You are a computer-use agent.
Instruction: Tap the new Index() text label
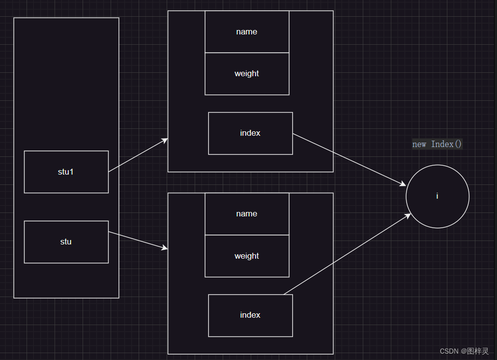[x=437, y=144]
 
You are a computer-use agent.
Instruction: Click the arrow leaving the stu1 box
[x=138, y=155]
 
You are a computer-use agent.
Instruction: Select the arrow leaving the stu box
[x=138, y=240]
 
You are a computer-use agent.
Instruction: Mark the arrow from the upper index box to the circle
[x=349, y=160]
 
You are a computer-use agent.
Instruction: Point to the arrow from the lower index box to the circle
[x=347, y=254]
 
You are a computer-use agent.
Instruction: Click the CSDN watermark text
[x=464, y=351]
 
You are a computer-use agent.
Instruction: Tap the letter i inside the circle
[x=437, y=196]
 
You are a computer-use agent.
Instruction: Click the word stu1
[x=66, y=172]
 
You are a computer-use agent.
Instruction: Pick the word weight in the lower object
[x=247, y=256]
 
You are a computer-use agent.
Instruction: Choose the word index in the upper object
[x=250, y=133]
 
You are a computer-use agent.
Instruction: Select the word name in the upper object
[x=247, y=31]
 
